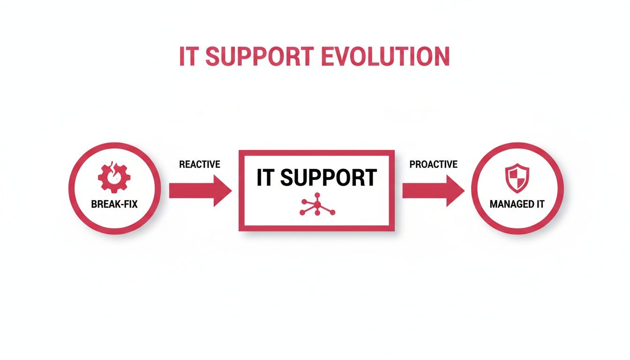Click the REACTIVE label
[x=199, y=165]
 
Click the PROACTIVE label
[x=433, y=165]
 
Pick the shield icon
[x=516, y=178]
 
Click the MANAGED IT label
[x=517, y=205]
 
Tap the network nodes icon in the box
[x=317, y=205]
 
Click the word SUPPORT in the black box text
[x=330, y=178]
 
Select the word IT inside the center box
[x=265, y=178]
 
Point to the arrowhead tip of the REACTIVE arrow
[x=231, y=190]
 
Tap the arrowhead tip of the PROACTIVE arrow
[x=464, y=190]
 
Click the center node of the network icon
[x=317, y=205]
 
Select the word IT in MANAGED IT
[x=539, y=205]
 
